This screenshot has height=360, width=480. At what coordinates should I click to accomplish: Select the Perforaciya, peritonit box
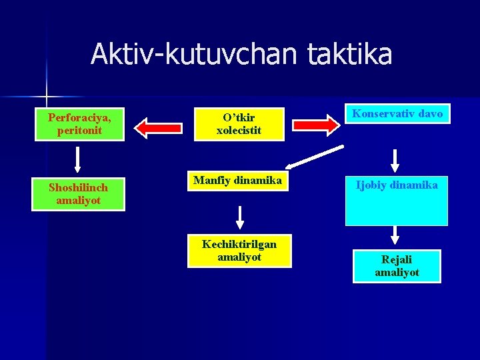(x=79, y=124)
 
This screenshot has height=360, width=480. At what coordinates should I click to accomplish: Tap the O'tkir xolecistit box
(x=239, y=124)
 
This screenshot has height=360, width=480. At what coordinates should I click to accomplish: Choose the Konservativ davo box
(x=397, y=114)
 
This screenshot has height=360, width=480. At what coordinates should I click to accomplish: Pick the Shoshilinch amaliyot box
(x=79, y=193)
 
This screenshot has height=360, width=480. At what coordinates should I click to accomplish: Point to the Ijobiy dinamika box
(x=397, y=200)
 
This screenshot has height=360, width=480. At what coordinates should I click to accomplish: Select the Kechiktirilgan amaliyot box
(x=239, y=251)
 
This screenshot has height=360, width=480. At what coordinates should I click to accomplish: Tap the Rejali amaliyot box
(x=397, y=266)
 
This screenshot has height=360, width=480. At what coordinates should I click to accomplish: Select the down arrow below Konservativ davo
(x=395, y=161)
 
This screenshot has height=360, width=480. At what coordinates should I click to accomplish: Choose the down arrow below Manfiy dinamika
(x=240, y=217)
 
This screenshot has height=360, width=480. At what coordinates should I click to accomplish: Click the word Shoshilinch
(x=79, y=187)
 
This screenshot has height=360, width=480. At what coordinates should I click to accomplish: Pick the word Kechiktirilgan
(x=239, y=245)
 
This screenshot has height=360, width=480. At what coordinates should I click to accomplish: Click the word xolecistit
(x=239, y=130)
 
